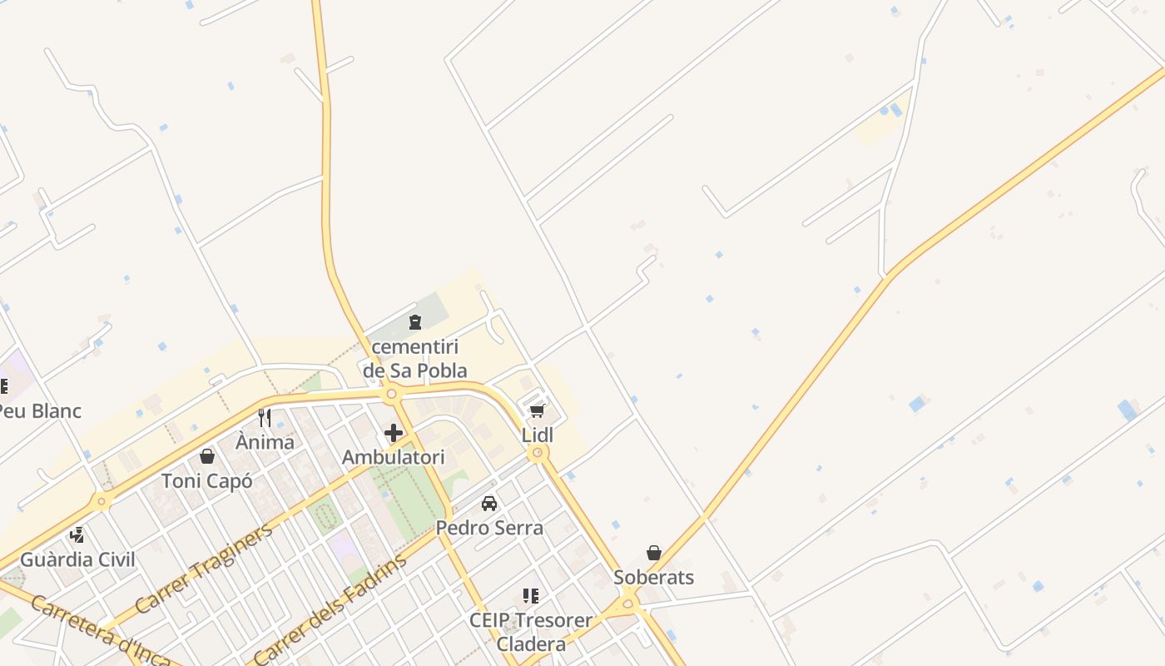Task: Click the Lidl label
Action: pyautogui.click(x=538, y=435)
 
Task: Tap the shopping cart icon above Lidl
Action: pyautogui.click(x=538, y=411)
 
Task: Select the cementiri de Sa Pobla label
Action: pyautogui.click(x=415, y=359)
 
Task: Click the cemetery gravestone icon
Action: pyautogui.click(x=415, y=322)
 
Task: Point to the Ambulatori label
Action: pyautogui.click(x=394, y=457)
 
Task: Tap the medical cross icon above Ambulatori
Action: pyautogui.click(x=394, y=433)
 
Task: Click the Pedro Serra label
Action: pyautogui.click(x=489, y=528)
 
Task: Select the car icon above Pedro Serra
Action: pyautogui.click(x=489, y=504)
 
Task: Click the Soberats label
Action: pyautogui.click(x=653, y=577)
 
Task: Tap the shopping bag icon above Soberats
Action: pyautogui.click(x=654, y=553)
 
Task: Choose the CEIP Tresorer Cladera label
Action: pyautogui.click(x=531, y=632)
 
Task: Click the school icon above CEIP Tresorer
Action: pyautogui.click(x=531, y=596)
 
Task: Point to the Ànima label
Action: pyautogui.click(x=265, y=442)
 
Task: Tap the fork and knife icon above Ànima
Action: pyautogui.click(x=265, y=417)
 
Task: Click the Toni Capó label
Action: pyautogui.click(x=206, y=480)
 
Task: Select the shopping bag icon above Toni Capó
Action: pyautogui.click(x=207, y=456)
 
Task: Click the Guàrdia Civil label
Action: pyautogui.click(x=77, y=559)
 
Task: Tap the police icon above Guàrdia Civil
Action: pyautogui.click(x=77, y=535)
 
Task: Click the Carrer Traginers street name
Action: pyautogui.click(x=204, y=569)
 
